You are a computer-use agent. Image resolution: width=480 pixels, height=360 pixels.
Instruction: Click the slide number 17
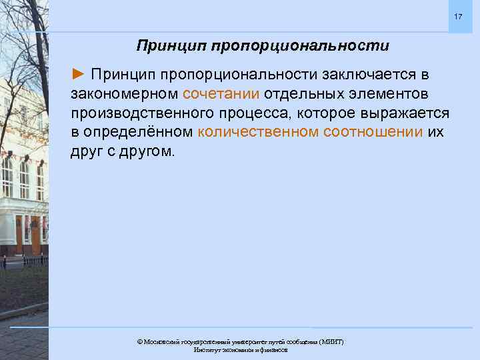tap(457, 16)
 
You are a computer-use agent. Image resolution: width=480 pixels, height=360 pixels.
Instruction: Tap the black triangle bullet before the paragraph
tap(79, 71)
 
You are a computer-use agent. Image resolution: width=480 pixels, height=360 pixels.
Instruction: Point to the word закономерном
tap(125, 91)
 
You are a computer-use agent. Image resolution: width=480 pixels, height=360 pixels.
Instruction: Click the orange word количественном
tap(258, 131)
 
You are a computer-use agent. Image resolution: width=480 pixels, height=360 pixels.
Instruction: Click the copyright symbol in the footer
tap(140, 341)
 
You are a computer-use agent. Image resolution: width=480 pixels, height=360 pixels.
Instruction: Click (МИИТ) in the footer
tap(331, 341)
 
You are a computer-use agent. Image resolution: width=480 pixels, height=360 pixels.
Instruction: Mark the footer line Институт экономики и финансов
tap(240, 349)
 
